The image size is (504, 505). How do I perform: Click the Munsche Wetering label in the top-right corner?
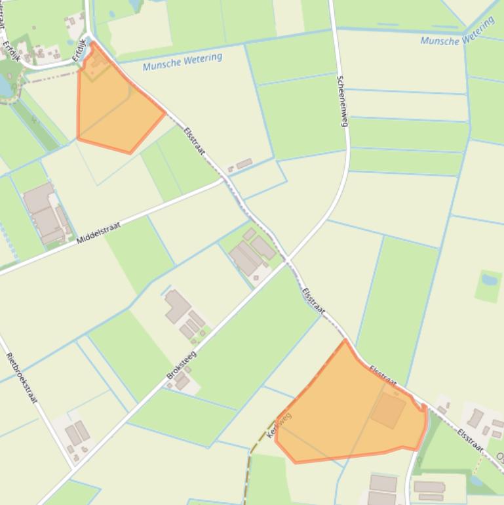tap(457, 31)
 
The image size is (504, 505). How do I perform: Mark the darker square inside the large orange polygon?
tap(389, 410)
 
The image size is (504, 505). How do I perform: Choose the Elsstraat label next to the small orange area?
tap(195, 140)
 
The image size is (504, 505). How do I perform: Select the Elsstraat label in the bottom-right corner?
tap(470, 441)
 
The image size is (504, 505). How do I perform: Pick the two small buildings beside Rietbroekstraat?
tap(77, 434)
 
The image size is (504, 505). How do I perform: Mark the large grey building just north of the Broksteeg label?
tap(177, 306)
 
